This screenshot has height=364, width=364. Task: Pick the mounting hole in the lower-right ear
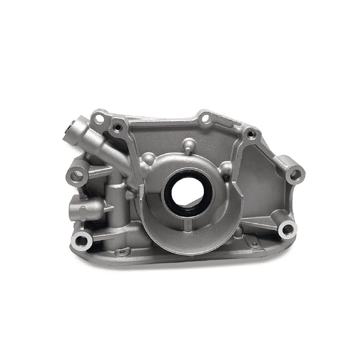pos(285,228)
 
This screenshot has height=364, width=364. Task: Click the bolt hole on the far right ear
pos(295,174)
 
